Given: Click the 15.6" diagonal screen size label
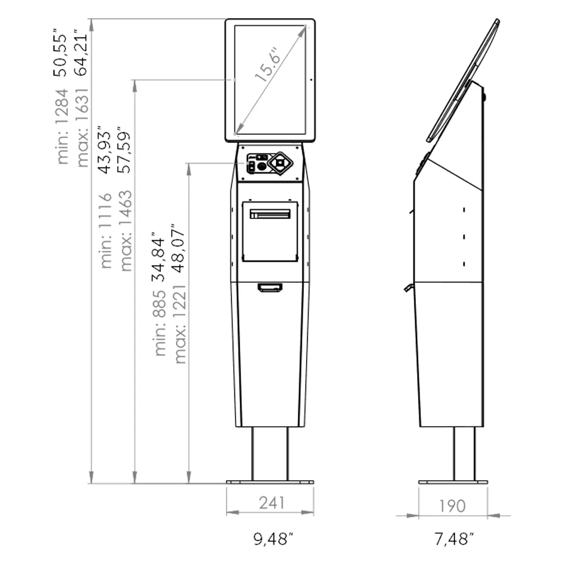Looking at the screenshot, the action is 267,65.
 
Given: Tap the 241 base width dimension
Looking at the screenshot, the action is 272,503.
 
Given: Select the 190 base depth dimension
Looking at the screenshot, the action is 452,506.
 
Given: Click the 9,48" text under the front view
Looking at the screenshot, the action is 273,539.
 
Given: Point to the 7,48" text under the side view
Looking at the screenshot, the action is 453,539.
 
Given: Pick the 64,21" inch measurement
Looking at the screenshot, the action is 81,53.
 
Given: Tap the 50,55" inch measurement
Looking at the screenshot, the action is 61,53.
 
